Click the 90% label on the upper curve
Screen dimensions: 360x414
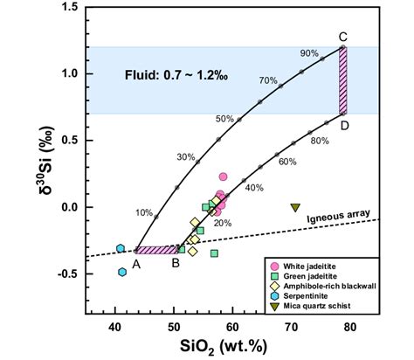coord(308,53)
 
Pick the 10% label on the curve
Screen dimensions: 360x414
coord(144,212)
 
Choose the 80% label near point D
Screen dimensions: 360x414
coord(320,139)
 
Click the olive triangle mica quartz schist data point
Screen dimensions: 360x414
coord(295,207)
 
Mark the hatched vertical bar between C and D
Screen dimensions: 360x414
coord(343,80)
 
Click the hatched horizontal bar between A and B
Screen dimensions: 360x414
coord(156,250)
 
